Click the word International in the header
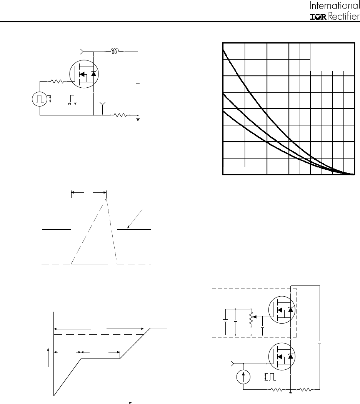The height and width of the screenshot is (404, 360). pos(335,5)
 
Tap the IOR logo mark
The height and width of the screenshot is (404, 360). pos(318,17)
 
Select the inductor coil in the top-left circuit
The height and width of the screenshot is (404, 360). pos(115,52)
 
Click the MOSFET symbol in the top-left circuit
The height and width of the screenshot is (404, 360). pos(84,74)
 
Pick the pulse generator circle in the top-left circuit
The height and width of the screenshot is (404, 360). pos(40,99)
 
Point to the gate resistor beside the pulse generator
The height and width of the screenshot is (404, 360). pos(58,82)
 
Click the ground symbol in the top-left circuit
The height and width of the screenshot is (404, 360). pos(138,119)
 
